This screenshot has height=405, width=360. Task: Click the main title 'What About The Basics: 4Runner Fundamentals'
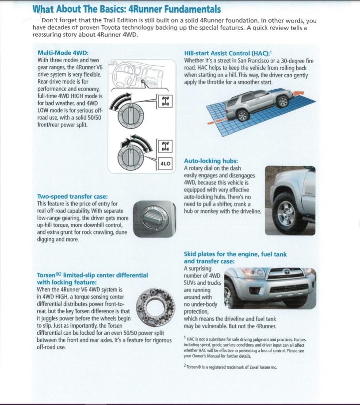(126, 9)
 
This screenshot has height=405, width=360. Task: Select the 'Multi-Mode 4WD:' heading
(63, 53)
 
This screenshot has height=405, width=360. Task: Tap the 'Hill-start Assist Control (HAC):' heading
(227, 53)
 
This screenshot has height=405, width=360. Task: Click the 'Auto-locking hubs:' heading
(211, 161)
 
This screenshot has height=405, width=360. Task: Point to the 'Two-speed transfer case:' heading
(73, 196)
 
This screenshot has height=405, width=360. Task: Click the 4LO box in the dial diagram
(165, 164)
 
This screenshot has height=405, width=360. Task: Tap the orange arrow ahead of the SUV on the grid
(299, 93)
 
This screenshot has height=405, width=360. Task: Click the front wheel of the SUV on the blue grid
(283, 101)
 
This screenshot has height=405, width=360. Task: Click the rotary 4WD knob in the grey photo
(154, 219)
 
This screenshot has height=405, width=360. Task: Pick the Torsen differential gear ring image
(155, 306)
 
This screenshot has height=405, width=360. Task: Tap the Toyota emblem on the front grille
(287, 272)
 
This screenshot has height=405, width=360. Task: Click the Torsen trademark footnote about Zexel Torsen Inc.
(230, 367)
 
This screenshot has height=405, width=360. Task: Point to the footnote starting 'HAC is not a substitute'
(245, 348)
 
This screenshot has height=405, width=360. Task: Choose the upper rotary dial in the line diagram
(131, 116)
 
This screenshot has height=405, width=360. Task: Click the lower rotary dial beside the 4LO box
(130, 157)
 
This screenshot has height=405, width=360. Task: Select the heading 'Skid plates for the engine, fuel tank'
(235, 254)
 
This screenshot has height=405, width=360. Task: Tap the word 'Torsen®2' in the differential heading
(49, 275)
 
